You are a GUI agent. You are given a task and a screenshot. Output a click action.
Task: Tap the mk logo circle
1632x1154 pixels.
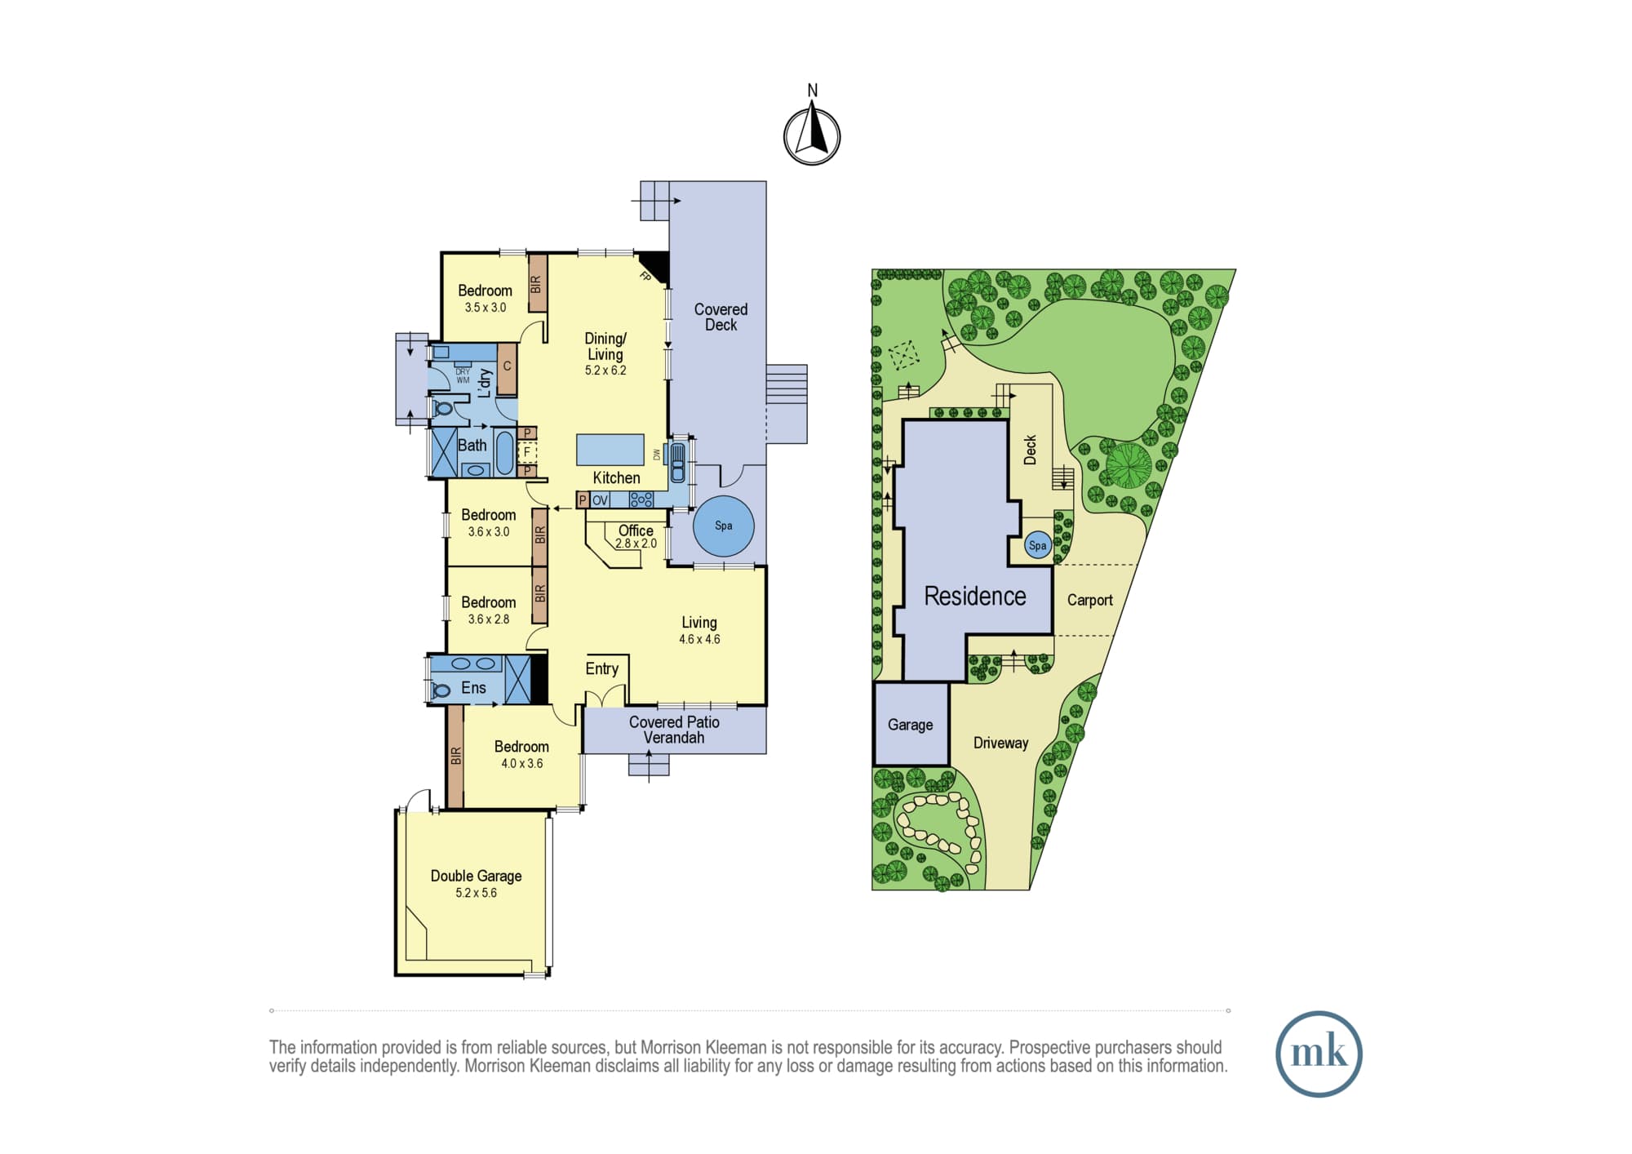(x=1319, y=1054)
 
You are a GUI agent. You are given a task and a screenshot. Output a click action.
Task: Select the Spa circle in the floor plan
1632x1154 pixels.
(x=723, y=526)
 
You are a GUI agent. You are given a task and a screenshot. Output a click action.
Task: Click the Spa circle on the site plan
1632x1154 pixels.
(x=1037, y=545)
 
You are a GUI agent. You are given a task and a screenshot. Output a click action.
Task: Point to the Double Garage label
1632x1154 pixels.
(x=476, y=876)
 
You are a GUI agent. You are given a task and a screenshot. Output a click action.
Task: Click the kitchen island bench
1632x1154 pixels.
(x=610, y=450)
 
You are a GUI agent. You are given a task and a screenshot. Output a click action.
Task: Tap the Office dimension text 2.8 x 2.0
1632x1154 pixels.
(x=636, y=544)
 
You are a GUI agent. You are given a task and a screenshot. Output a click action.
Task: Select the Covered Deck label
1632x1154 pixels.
(x=721, y=317)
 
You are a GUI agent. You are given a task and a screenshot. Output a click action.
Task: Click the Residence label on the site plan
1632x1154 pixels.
(x=974, y=597)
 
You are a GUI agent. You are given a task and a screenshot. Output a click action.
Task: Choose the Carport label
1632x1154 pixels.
(x=1089, y=600)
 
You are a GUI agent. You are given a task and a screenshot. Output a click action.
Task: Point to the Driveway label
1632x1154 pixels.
(x=1000, y=743)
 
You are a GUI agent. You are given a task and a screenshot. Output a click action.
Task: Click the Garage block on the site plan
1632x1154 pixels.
(x=911, y=724)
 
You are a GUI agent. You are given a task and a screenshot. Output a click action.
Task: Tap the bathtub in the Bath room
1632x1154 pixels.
(x=504, y=454)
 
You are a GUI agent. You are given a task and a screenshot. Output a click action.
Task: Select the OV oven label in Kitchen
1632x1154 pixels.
(x=600, y=500)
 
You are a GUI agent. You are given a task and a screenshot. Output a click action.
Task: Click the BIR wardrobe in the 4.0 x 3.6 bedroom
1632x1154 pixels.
(x=455, y=757)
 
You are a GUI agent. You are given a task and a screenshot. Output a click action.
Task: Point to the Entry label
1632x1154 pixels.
(x=601, y=668)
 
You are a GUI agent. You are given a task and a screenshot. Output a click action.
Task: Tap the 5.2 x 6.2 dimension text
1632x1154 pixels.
(x=605, y=371)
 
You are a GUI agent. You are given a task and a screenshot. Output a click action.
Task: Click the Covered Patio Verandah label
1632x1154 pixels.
(x=674, y=730)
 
